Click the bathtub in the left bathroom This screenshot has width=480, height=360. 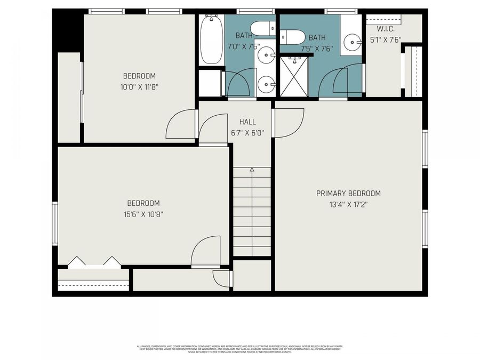click(211, 40)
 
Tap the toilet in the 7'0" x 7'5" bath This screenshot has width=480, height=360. click(262, 28)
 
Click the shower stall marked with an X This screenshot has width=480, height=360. click(294, 77)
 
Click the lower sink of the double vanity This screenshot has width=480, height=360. click(266, 84)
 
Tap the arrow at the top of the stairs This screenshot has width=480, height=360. click(252, 170)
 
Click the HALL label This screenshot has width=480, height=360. click(247, 122)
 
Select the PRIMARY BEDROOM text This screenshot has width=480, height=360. click(348, 193)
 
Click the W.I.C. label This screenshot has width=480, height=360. click(385, 29)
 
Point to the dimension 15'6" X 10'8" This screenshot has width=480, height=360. click(143, 214)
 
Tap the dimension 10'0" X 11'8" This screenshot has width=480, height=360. click(139, 86)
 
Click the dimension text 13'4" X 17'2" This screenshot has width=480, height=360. click(348, 204)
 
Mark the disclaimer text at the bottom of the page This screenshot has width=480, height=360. click(240, 348)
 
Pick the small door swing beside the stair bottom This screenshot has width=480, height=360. click(221, 278)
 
